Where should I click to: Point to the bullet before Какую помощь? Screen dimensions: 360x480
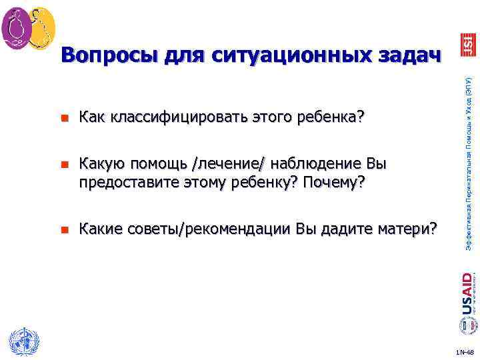64,164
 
